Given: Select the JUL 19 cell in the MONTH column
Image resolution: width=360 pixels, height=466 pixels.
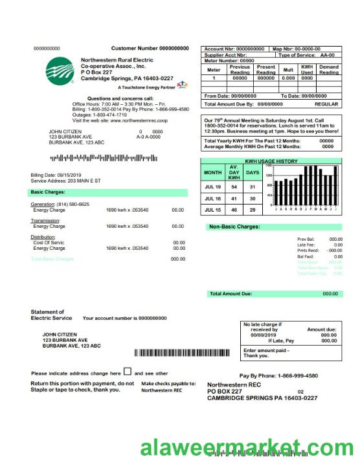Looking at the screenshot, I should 213,186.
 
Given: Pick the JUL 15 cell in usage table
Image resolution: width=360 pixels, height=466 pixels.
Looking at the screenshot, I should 213,210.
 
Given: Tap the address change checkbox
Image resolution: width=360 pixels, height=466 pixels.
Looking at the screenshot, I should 128,372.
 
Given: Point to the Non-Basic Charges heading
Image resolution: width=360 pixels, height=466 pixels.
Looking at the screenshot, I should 234,227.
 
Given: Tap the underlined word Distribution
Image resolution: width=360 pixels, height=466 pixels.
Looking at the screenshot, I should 43,237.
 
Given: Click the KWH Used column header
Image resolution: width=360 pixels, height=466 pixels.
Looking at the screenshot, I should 307,70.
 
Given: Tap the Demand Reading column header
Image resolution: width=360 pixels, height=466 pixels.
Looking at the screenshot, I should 329,70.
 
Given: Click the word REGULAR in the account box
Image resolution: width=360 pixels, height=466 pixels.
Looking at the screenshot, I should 326,104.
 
